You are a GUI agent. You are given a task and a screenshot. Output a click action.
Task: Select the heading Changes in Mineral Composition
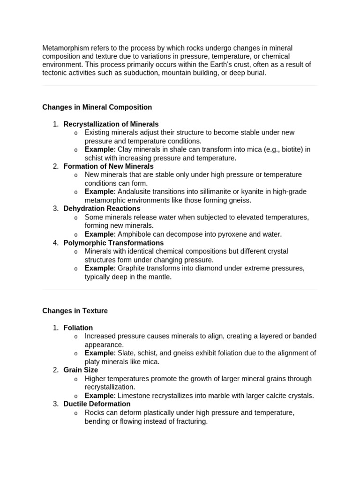[97, 107]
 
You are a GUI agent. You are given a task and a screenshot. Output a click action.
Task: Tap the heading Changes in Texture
[75, 310]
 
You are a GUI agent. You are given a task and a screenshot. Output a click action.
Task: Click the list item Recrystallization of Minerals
[111, 124]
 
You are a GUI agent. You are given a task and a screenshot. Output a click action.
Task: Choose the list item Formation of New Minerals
[108, 166]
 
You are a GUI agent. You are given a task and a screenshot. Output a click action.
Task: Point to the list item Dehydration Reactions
[102, 208]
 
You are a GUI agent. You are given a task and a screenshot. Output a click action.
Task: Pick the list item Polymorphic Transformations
[113, 242]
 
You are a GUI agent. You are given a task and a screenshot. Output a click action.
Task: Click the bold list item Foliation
[78, 327]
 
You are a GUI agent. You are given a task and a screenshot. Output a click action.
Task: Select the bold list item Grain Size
[81, 369]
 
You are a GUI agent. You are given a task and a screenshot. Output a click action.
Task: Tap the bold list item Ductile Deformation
[97, 404]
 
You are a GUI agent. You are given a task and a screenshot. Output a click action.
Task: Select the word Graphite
[131, 268]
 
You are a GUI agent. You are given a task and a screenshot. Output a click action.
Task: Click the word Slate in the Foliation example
[126, 352]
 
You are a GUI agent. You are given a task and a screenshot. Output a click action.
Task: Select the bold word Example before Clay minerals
[99, 149]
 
